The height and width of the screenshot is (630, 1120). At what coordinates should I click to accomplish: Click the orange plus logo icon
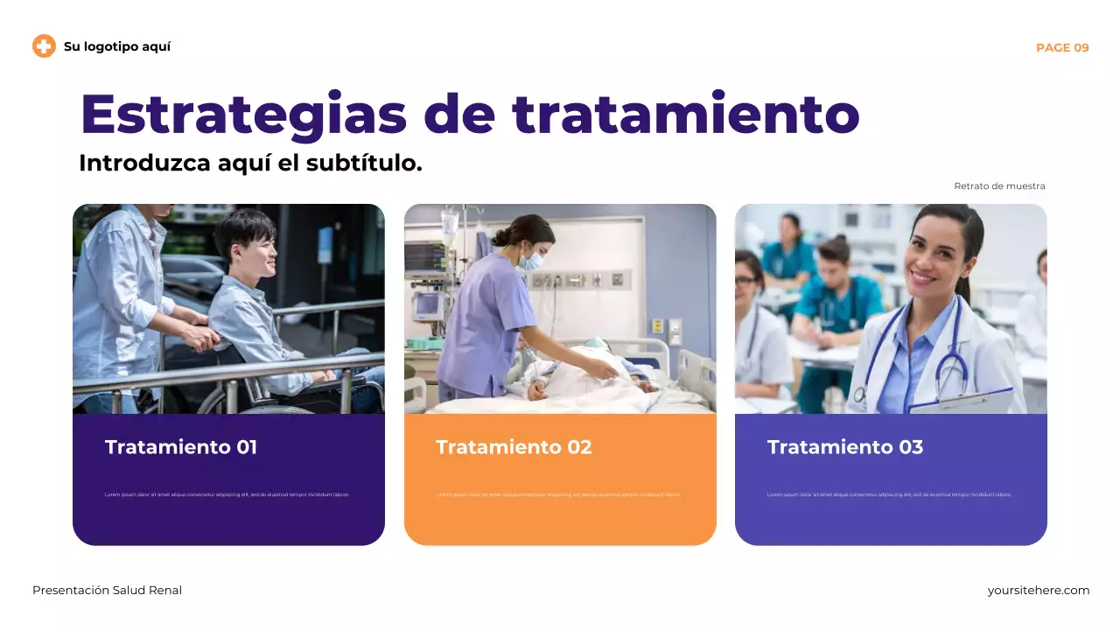click(x=44, y=46)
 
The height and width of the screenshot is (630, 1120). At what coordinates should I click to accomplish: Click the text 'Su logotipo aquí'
click(x=117, y=46)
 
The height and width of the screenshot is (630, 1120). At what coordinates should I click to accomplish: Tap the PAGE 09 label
click(x=1062, y=47)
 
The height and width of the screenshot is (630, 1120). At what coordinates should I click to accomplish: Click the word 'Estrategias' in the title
click(x=244, y=114)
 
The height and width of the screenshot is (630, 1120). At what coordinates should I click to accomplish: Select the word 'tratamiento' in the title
click(x=686, y=114)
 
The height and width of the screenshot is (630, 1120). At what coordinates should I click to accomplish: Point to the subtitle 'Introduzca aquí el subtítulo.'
click(x=250, y=163)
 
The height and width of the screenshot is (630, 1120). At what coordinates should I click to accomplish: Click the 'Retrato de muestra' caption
click(x=999, y=185)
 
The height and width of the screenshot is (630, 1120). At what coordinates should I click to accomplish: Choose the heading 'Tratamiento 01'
click(x=181, y=447)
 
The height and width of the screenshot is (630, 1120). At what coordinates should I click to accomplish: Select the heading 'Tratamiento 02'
click(x=514, y=447)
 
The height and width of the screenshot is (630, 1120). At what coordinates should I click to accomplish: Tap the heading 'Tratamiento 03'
click(x=844, y=447)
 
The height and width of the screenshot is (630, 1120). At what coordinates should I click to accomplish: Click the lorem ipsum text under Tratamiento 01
click(x=227, y=494)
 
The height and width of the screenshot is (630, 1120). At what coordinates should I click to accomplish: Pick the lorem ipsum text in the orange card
click(x=558, y=494)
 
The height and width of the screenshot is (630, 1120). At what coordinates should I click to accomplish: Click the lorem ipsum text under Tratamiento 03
click(x=889, y=494)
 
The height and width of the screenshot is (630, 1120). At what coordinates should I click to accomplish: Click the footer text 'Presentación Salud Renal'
click(x=107, y=591)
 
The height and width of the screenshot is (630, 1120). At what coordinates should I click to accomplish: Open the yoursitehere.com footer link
click(x=1039, y=591)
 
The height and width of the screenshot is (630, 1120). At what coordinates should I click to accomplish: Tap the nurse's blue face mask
click(x=531, y=260)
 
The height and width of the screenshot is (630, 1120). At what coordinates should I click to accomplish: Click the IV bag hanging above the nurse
click(x=450, y=226)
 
